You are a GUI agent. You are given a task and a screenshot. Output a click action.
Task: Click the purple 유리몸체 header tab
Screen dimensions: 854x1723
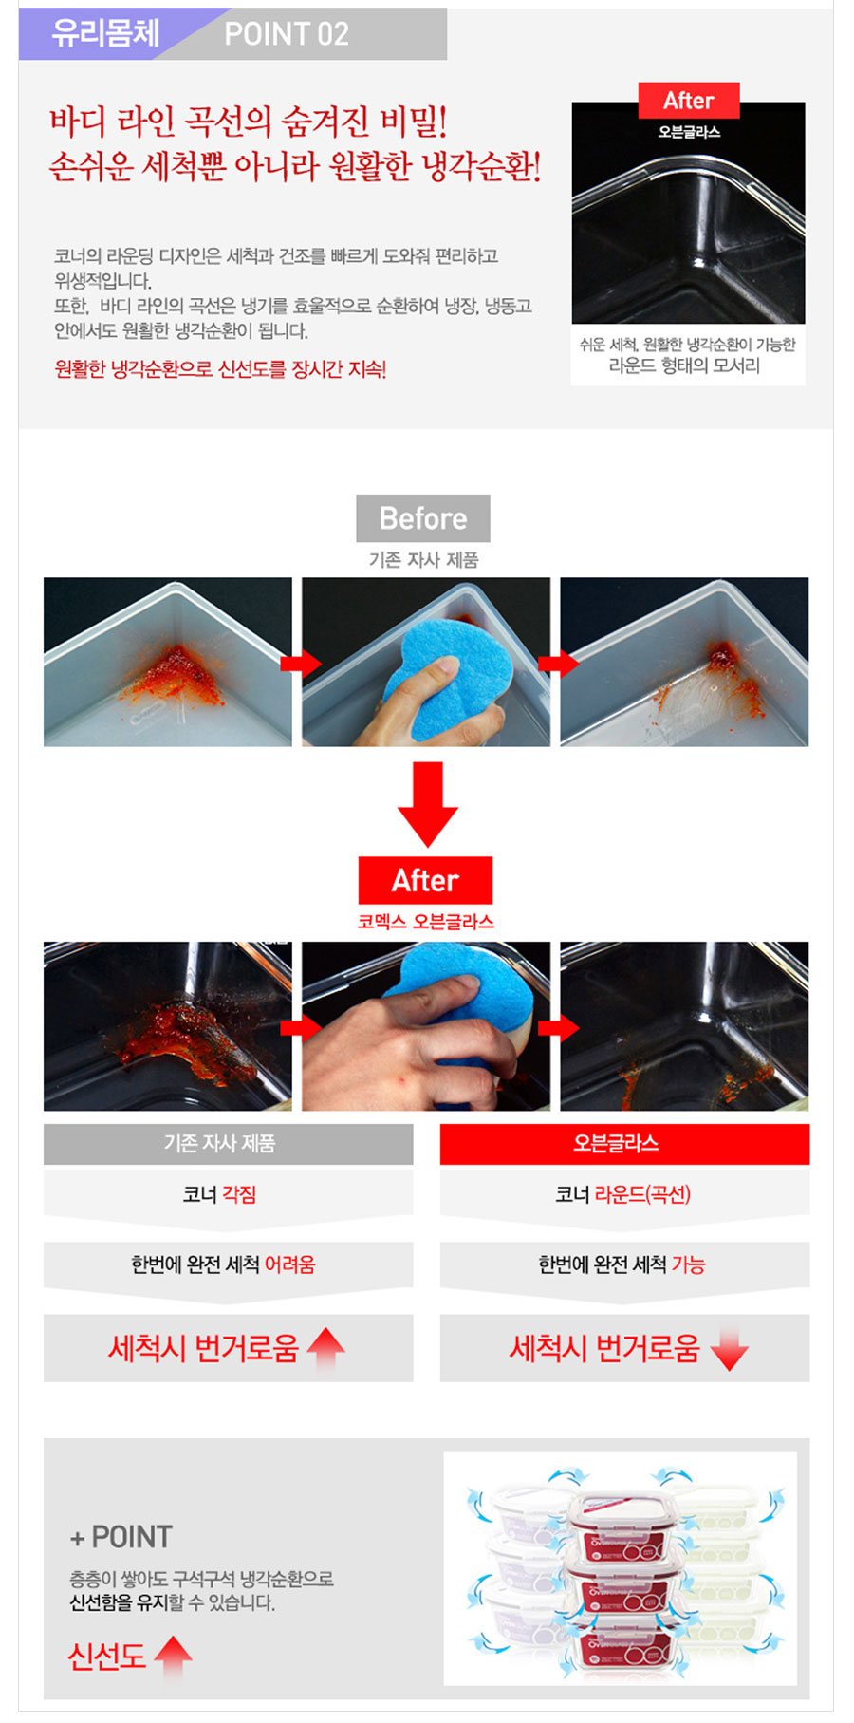tap(104, 33)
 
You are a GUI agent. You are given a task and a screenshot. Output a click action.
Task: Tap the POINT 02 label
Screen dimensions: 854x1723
tap(287, 34)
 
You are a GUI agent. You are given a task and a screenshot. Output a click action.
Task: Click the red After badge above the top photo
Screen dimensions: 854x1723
tap(689, 101)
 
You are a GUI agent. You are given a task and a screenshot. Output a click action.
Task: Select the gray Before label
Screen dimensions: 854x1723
tap(423, 518)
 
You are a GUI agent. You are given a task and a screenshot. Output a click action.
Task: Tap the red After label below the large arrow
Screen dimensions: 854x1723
tap(425, 880)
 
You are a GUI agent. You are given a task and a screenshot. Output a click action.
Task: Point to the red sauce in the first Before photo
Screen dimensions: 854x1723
tap(177, 673)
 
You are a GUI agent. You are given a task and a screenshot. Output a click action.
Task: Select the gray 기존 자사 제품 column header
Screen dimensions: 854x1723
tap(229, 1144)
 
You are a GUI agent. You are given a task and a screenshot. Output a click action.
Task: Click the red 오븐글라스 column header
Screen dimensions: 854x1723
tap(624, 1144)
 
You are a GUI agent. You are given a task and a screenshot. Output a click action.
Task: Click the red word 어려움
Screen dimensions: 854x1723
tap(289, 1264)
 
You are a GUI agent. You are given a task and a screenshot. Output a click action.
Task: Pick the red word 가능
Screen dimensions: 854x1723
tap(688, 1264)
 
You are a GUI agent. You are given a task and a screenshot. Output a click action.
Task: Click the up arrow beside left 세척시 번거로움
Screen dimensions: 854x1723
tap(325, 1349)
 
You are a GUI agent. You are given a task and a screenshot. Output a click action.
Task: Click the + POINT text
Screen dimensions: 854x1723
tap(121, 1537)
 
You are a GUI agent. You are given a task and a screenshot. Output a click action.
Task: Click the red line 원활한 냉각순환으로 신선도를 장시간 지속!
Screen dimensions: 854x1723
tap(220, 369)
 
